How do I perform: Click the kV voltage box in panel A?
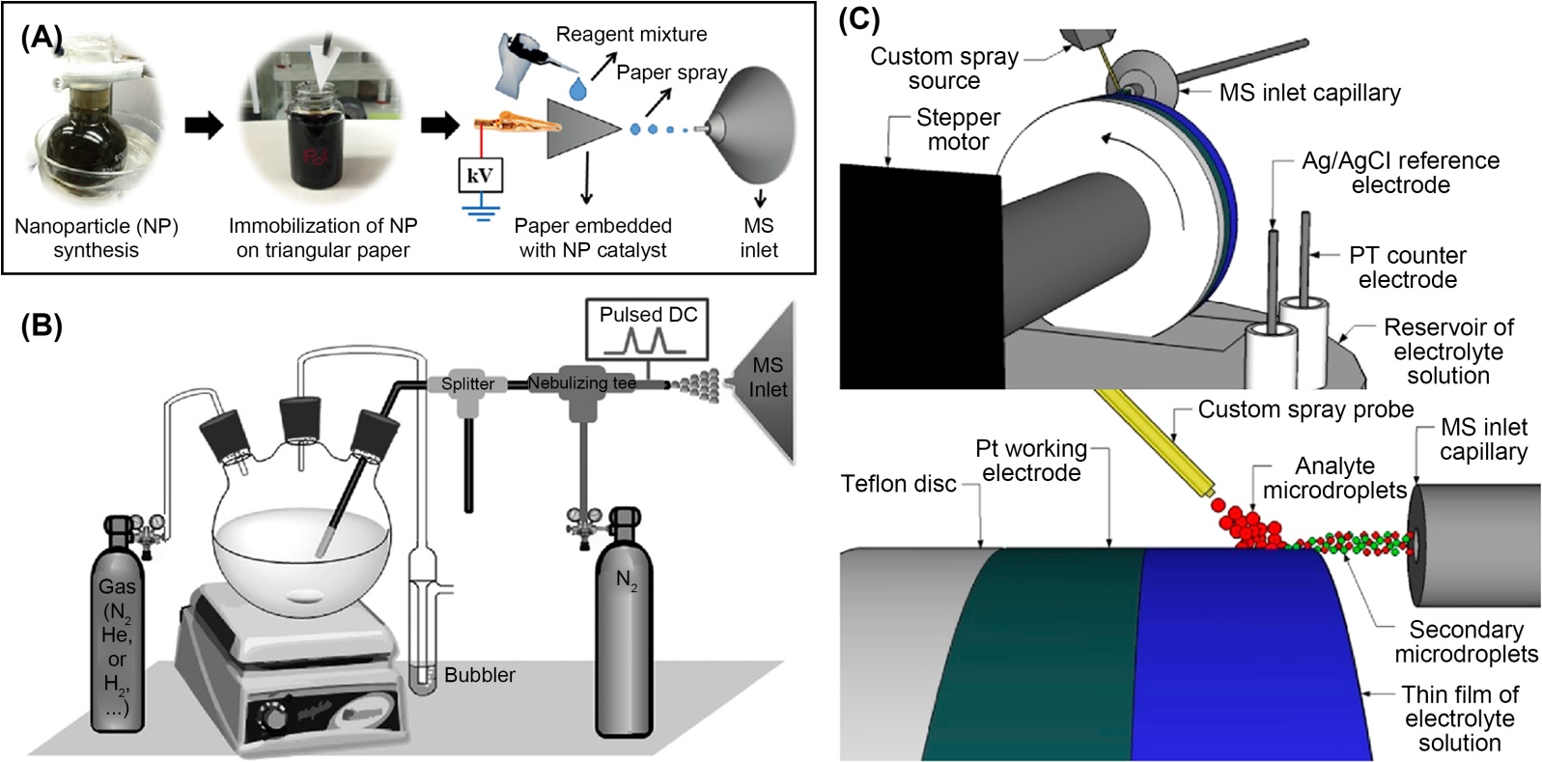click(x=479, y=175)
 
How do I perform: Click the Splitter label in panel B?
click(x=467, y=383)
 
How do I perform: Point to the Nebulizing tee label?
click(x=582, y=383)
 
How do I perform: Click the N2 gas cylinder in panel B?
click(x=626, y=618)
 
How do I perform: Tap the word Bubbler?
click(x=479, y=675)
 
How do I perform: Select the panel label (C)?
click(x=858, y=19)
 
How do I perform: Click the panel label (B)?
click(x=42, y=326)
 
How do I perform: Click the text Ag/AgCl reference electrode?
click(x=1400, y=172)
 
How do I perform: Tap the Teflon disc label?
click(x=898, y=484)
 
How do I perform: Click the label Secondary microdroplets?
click(x=1466, y=641)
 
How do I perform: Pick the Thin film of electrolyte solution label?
click(x=1459, y=719)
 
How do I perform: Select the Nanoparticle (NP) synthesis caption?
click(x=96, y=238)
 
